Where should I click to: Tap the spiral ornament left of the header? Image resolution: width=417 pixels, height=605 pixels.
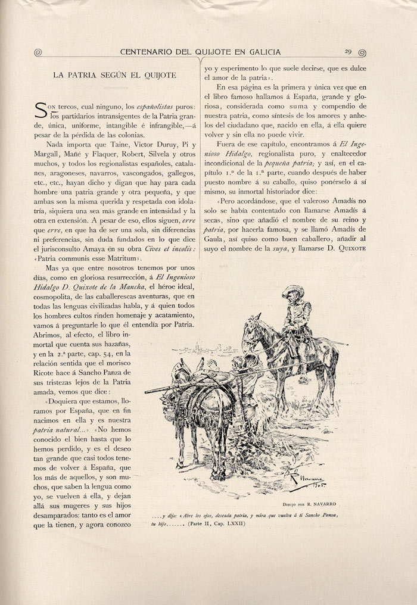(x=38, y=52)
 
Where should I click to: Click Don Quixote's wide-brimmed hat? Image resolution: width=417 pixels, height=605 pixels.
(x=292, y=291)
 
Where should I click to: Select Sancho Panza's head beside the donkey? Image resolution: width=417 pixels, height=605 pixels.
(x=236, y=363)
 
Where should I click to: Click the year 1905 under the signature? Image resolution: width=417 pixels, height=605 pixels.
(x=316, y=484)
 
